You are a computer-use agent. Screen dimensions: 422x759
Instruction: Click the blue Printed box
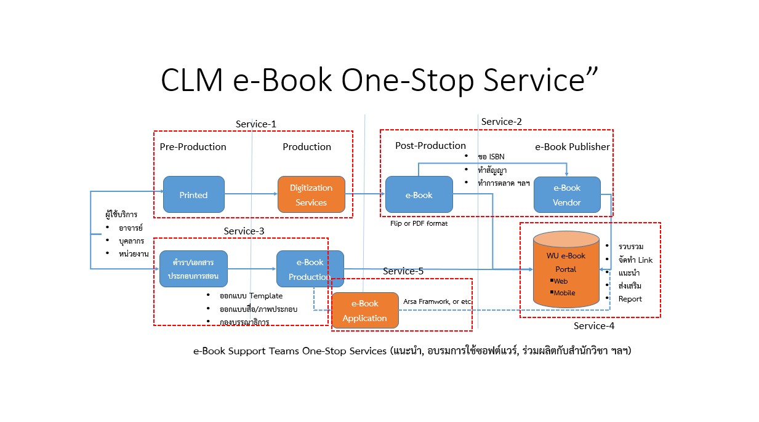pyautogui.click(x=193, y=195)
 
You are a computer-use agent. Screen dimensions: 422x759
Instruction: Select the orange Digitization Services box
pyautogui.click(x=311, y=195)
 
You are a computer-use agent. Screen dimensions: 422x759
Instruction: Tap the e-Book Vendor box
pyautogui.click(x=566, y=195)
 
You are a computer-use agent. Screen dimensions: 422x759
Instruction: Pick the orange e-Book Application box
pyautogui.click(x=364, y=311)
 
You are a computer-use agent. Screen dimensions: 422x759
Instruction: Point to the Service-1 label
pyautogui.click(x=255, y=124)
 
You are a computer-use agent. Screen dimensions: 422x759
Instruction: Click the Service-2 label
pyautogui.click(x=501, y=122)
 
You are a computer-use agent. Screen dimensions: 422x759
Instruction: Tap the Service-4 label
pyautogui.click(x=593, y=325)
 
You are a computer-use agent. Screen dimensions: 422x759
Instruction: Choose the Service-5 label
pyautogui.click(x=403, y=271)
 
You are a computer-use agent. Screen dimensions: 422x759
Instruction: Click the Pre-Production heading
pyautogui.click(x=193, y=147)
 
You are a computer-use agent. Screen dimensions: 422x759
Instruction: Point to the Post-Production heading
pyautogui.click(x=430, y=146)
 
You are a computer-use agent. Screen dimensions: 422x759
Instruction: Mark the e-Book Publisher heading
pyautogui.click(x=572, y=147)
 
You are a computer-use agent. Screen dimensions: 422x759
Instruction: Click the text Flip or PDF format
pyautogui.click(x=419, y=223)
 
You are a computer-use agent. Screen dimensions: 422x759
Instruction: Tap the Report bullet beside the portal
pyautogui.click(x=630, y=299)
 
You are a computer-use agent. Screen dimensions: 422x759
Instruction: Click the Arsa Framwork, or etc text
pyautogui.click(x=436, y=302)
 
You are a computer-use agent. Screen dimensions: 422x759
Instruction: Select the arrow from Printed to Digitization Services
pyautogui.click(x=251, y=195)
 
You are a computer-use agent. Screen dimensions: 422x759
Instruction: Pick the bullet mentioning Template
pyautogui.click(x=251, y=296)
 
